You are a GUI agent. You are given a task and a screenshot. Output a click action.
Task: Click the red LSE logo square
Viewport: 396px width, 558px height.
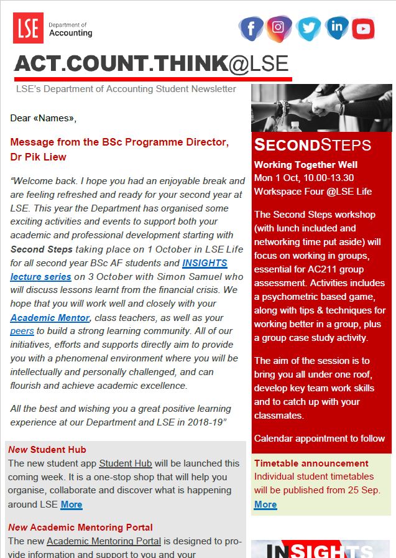coord(28,28)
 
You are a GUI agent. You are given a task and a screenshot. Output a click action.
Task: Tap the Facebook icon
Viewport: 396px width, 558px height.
coord(251,28)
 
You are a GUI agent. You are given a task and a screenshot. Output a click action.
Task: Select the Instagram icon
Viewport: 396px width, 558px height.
coord(279,27)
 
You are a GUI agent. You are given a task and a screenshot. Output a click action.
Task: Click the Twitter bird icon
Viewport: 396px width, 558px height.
coord(308,28)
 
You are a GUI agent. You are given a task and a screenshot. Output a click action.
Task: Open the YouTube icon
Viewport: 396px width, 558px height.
coord(363,29)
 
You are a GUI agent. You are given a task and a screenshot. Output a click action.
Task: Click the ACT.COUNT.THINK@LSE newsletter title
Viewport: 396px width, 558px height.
coord(152,63)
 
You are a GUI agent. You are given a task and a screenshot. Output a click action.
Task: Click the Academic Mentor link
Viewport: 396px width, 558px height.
coord(50,318)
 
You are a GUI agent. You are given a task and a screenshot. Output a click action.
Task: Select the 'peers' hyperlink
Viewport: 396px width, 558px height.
coord(22,331)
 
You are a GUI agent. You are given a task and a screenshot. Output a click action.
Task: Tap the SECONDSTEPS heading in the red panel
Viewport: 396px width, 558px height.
coord(313,146)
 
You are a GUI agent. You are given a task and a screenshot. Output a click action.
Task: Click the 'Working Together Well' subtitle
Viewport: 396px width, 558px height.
coord(306,165)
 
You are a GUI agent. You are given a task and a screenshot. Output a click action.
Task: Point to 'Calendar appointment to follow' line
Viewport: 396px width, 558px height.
coord(320,438)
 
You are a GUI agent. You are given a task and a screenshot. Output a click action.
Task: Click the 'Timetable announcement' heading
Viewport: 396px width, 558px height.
coord(311,463)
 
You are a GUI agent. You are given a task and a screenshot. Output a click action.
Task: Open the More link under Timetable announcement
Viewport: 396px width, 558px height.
coord(265,504)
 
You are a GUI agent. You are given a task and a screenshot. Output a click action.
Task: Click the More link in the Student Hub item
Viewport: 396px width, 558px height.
coord(71,505)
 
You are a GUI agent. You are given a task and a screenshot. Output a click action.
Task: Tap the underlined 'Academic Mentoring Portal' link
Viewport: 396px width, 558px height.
coord(104,541)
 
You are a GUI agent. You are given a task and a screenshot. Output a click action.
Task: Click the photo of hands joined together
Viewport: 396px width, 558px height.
coord(321,108)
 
